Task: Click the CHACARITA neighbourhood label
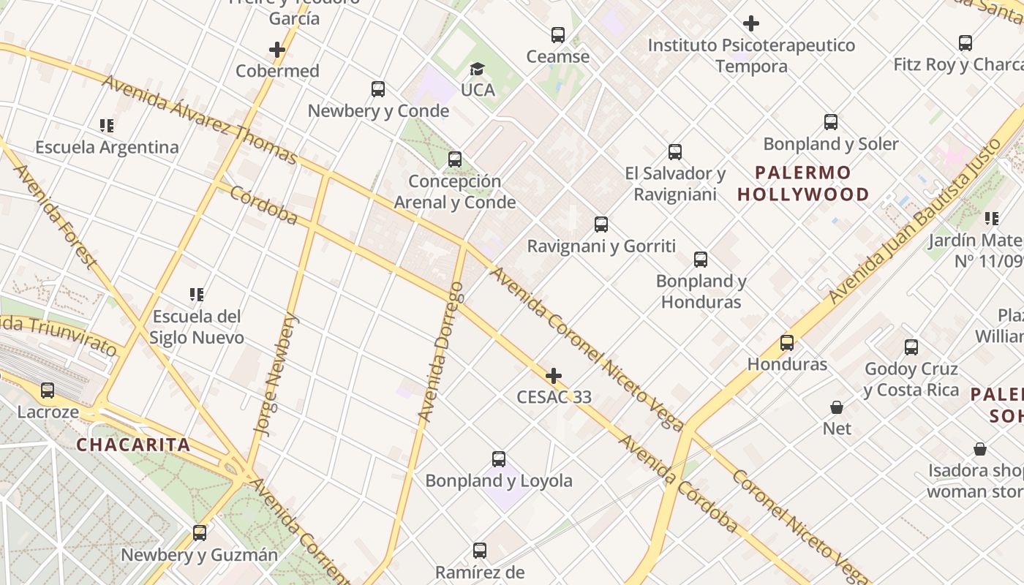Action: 133,445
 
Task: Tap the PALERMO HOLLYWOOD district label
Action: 803,184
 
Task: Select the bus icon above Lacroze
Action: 48,390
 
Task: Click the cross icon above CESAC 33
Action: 554,377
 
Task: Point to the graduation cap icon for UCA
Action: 477,69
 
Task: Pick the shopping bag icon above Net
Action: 837,407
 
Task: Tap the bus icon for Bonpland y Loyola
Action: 499,459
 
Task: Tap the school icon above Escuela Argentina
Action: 107,126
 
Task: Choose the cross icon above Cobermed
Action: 276,50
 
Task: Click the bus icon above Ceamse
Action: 558,34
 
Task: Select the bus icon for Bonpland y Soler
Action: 831,122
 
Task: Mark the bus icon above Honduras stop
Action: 787,342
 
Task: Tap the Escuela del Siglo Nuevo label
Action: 197,327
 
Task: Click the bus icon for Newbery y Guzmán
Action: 200,533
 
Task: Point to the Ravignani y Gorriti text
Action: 601,246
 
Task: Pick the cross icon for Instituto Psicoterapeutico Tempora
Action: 751,23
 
